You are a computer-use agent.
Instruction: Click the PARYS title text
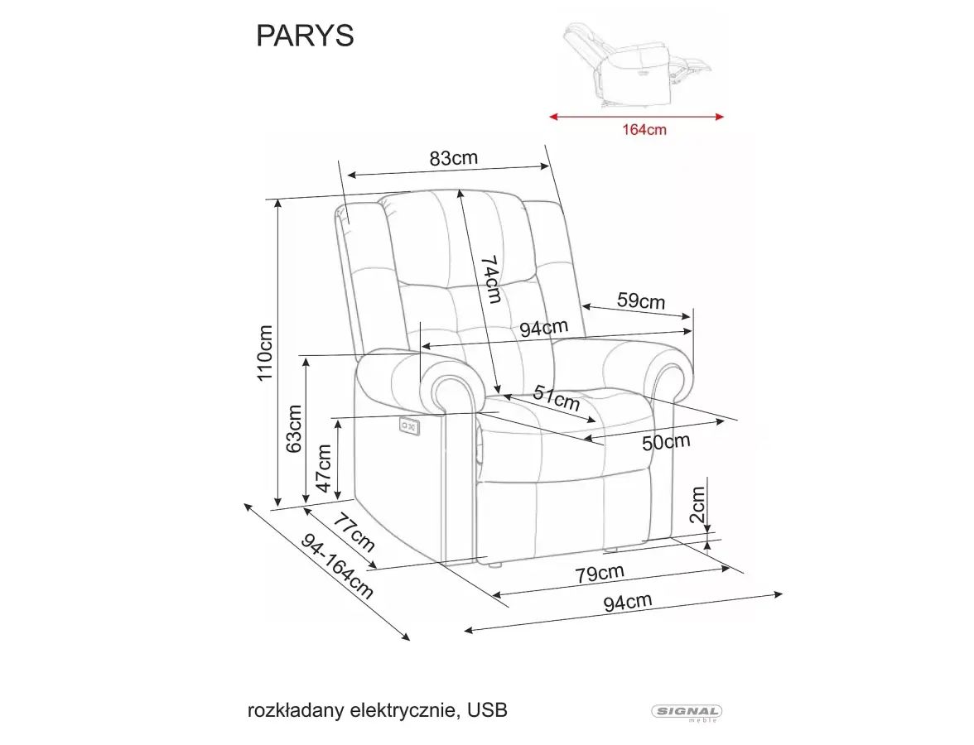click(305, 36)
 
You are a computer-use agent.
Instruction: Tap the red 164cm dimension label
click(644, 130)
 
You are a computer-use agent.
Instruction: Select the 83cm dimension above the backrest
click(454, 158)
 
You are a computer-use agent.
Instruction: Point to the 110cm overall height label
click(265, 353)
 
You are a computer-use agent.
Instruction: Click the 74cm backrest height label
click(490, 280)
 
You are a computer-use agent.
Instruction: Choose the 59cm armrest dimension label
click(641, 300)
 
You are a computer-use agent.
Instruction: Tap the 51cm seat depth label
click(557, 398)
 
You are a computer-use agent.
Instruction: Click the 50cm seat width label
click(666, 442)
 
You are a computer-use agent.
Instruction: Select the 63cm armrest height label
click(294, 429)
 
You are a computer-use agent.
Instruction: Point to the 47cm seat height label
click(324, 469)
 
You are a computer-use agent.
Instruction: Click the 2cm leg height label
click(697, 505)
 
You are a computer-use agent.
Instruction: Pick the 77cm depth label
click(353, 532)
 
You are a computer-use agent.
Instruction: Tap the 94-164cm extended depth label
click(337, 567)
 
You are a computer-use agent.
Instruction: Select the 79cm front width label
click(599, 573)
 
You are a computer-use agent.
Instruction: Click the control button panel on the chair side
click(410, 425)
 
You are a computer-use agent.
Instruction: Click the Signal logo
click(687, 713)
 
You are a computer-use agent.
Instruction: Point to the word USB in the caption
click(488, 709)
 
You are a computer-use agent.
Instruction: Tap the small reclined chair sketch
click(636, 65)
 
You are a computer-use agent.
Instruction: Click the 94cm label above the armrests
click(544, 328)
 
